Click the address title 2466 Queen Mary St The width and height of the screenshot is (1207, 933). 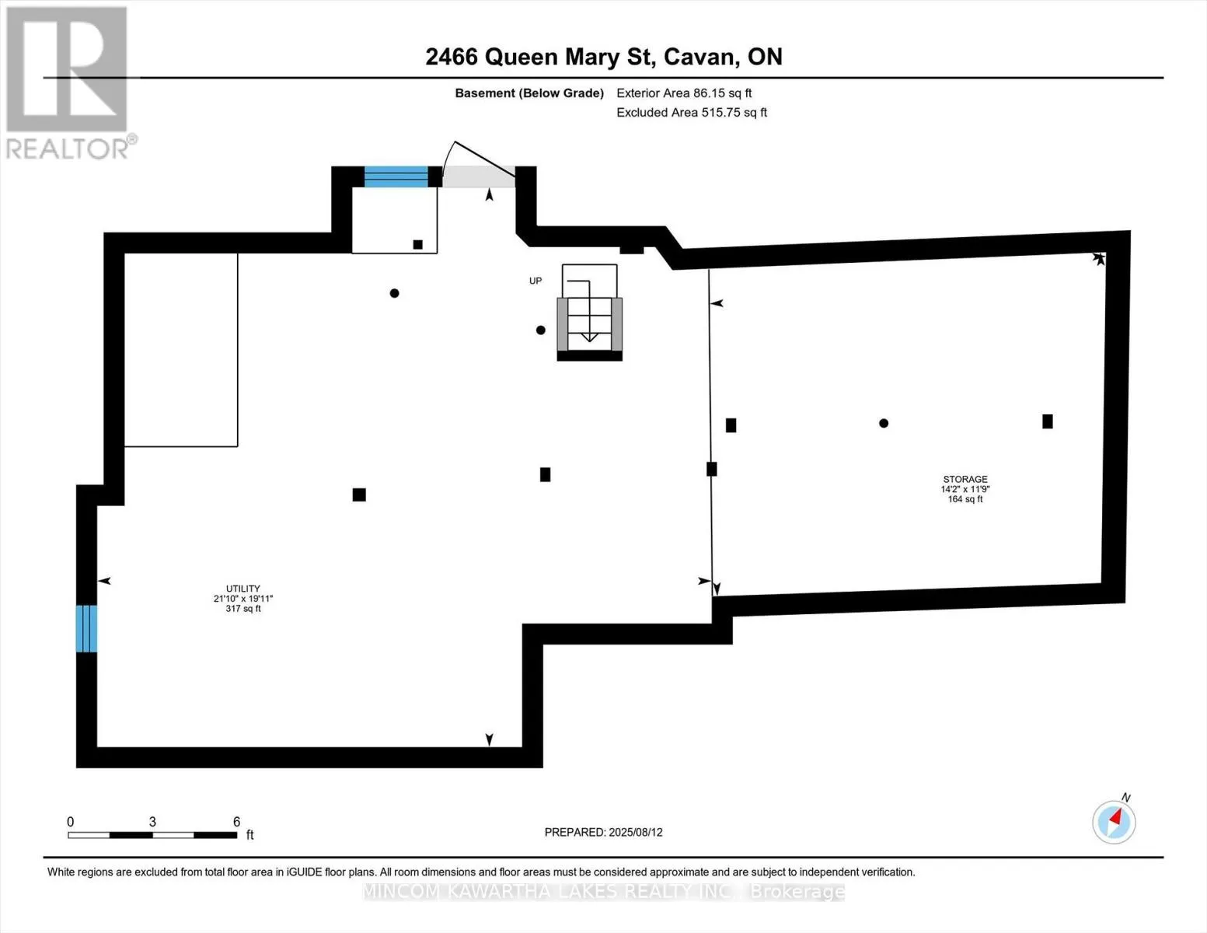coord(603,57)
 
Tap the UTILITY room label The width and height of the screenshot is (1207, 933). coord(243,598)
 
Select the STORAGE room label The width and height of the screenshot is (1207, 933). coord(965,489)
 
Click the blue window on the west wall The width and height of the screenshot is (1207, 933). coord(86,628)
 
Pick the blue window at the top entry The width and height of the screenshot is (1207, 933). coord(396,176)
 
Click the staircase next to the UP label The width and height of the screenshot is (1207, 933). coord(589,323)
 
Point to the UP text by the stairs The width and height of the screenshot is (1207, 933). coord(535,281)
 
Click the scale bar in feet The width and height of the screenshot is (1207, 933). coord(152,835)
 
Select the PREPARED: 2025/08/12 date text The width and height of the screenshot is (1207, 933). coord(603,832)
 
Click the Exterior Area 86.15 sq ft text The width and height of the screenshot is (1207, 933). coord(684,93)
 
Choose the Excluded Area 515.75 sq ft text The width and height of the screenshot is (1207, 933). coord(692,113)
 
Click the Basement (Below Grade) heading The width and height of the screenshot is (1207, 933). coord(529,93)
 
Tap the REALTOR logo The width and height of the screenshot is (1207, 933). coord(68,82)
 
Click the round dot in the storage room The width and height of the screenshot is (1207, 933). coord(884,424)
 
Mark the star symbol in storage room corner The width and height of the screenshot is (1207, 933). coord(1099,259)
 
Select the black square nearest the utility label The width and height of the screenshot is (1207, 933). coord(359,494)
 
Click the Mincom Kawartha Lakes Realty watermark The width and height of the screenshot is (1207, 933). coord(603,892)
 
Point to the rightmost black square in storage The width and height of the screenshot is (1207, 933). coord(1048,421)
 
